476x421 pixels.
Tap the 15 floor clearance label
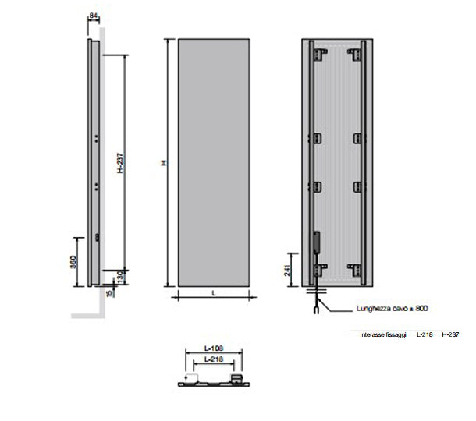pos(108,292)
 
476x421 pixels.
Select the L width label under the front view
pos(213,292)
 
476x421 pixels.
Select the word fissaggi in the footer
pos(396,334)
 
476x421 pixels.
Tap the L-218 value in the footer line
pos(424,334)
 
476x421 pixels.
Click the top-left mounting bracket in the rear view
pos(319,55)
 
